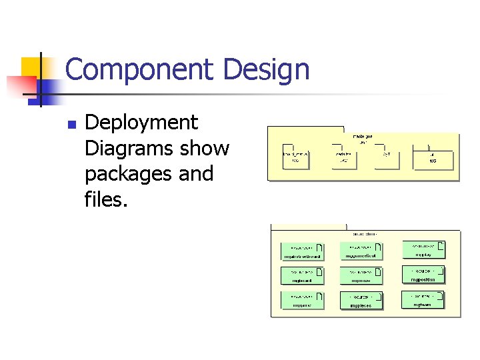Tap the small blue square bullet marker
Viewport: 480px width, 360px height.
click(72, 124)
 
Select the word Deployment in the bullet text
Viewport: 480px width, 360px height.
click(141, 123)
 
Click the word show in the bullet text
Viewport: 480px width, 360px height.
click(207, 148)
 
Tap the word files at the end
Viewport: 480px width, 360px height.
click(105, 199)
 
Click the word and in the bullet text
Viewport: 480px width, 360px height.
click(196, 173)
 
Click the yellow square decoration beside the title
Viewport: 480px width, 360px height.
click(32, 67)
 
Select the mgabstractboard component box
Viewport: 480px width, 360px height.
click(302, 251)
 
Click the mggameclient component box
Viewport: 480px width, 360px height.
click(361, 251)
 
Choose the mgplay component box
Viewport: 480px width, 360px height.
click(423, 249)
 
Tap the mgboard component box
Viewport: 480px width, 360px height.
click(302, 275)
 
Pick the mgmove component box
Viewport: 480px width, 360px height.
click(361, 276)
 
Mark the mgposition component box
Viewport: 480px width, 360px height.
click(423, 275)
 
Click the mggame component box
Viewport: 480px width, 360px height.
click(302, 301)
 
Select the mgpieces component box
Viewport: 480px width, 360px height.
click(361, 301)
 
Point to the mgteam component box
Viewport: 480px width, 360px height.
click(423, 299)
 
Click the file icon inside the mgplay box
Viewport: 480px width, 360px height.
click(441, 246)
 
